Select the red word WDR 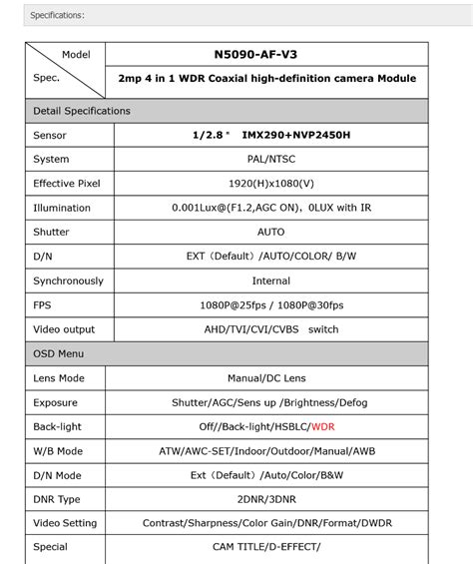point(322,426)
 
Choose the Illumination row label point(62,208)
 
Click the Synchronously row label point(68,281)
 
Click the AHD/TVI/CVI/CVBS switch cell point(271,329)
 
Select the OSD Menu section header point(59,353)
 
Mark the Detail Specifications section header point(82,111)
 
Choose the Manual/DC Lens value point(266,378)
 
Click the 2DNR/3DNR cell point(264,499)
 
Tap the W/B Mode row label point(58,450)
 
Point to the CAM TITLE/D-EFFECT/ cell point(265,547)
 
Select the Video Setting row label point(66,523)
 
